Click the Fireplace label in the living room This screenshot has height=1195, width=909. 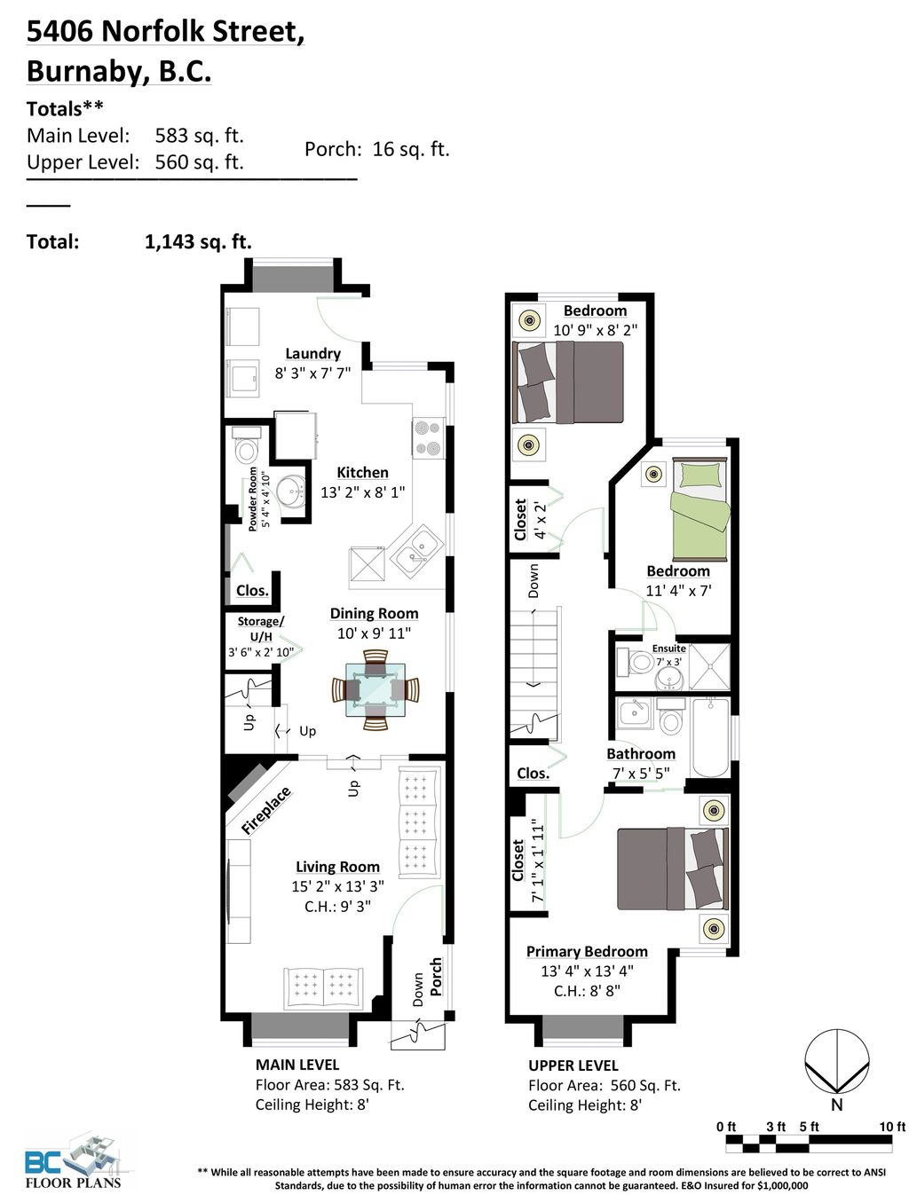pos(265,810)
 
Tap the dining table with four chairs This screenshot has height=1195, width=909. pos(375,689)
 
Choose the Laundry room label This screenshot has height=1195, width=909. pos(312,353)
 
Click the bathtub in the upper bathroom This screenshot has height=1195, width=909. pos(709,736)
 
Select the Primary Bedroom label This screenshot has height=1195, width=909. pos(587,951)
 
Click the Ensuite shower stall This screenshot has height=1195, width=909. pos(712,667)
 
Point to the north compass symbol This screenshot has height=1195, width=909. pos(836,1065)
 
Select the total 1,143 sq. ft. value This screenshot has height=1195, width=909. pos(198,241)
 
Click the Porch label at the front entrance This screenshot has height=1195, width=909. pos(436,976)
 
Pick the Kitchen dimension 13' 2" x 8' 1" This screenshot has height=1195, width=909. pos(362,492)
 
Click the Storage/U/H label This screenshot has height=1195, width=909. pos(260,629)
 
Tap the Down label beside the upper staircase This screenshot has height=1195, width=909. pos(533,580)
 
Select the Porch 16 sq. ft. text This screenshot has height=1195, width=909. pos(376,149)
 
